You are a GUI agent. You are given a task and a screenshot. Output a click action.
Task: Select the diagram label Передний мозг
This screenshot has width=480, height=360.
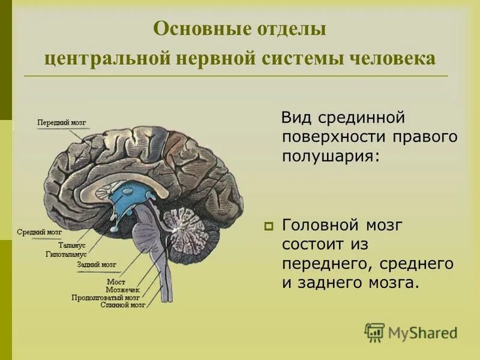coord(61,122)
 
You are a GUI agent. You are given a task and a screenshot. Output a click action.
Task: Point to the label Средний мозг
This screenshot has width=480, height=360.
coord(39,232)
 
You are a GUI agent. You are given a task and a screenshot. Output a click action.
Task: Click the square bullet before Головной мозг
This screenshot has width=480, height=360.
coord(268,227)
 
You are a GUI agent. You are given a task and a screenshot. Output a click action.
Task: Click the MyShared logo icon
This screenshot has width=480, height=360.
coord(374,331)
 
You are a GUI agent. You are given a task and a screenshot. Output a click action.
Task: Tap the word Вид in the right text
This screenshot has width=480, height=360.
coord(295,116)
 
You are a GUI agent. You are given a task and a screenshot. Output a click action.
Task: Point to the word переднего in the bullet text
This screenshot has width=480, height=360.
coord(324,264)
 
